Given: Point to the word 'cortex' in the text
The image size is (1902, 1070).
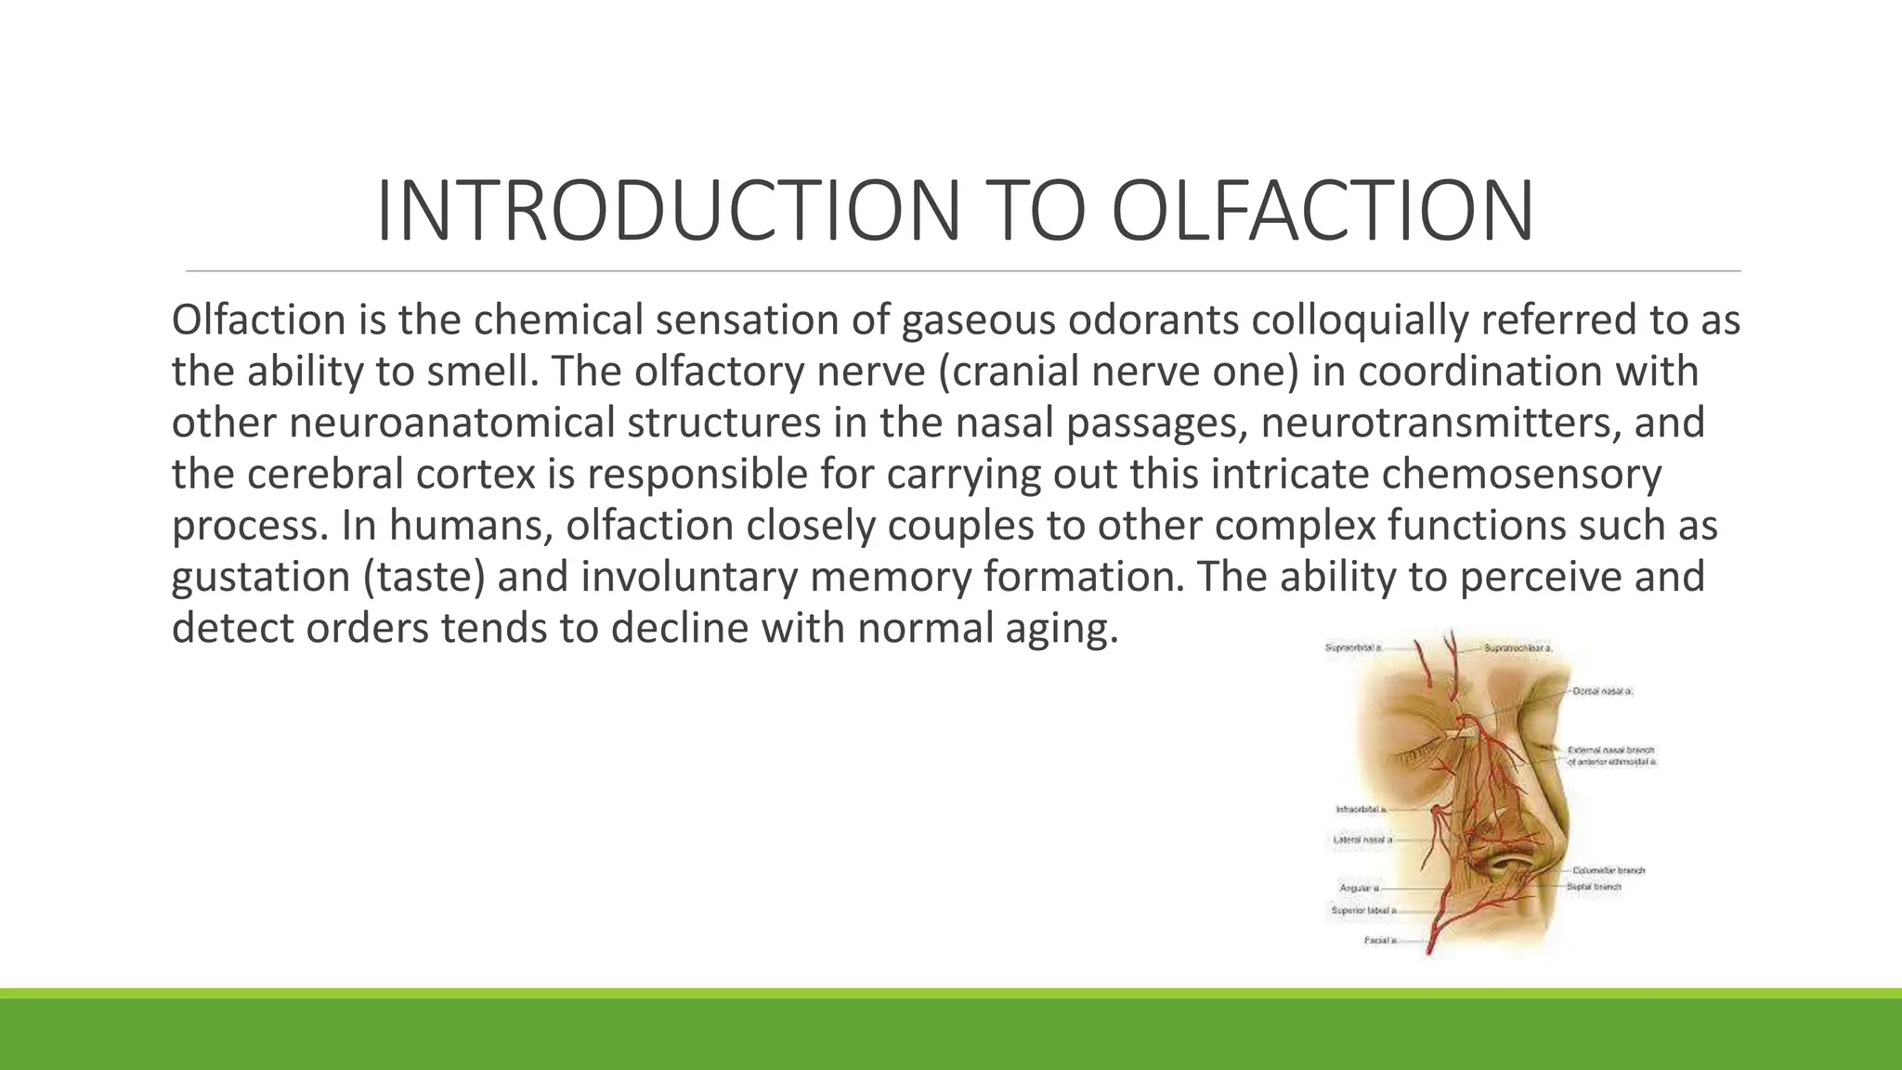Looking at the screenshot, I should (475, 475).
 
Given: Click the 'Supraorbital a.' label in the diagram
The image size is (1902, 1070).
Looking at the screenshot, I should (1353, 648).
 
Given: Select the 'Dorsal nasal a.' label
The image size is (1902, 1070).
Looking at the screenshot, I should (1603, 692).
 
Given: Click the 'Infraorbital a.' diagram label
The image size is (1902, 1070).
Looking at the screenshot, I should (1361, 810).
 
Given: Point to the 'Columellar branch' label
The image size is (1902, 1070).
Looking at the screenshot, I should (1609, 871).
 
